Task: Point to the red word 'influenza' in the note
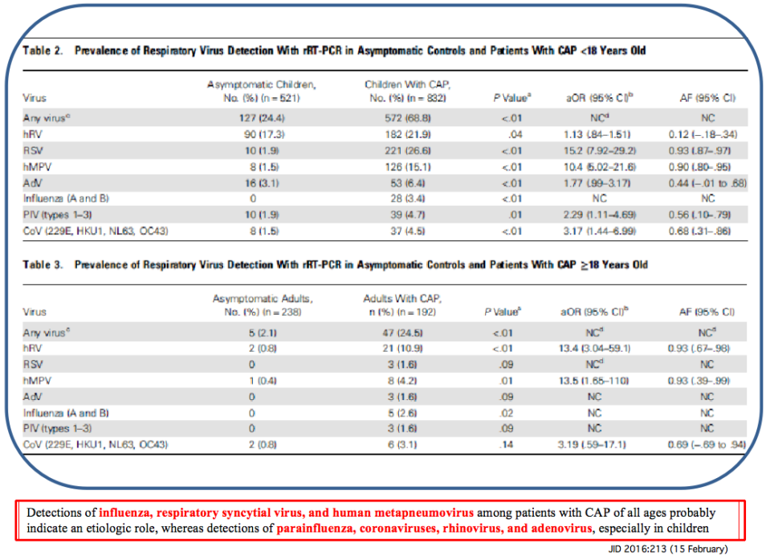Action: pos(124,512)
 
